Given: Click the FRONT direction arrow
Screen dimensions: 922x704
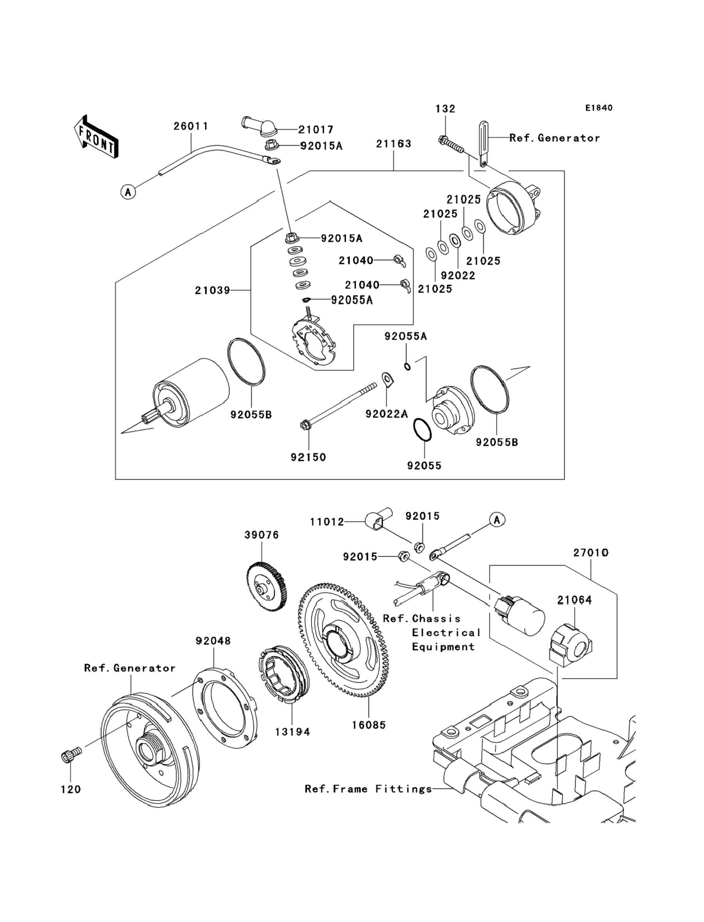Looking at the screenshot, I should pos(96,137).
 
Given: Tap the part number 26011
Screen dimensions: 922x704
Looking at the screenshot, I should pos(191,126).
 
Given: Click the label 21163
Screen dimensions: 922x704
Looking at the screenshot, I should pos(393,144).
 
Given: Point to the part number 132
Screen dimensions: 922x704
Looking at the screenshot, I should pos(445,109).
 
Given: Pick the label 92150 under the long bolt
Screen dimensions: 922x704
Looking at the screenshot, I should pos(308,457).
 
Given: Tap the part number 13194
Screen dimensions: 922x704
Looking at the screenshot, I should pos(293,732).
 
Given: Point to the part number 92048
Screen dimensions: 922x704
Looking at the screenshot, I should pos(213,641).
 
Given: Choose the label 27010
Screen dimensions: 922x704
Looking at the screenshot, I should pos(591,553).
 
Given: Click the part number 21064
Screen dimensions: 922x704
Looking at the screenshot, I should pos(574,600).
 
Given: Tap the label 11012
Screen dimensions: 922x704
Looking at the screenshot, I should pos(327,522).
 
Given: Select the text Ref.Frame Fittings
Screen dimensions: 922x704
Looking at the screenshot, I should pos(368,789).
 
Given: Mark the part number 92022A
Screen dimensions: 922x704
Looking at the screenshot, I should pos(386,414).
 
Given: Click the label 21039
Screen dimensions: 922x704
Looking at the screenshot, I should pos(212,290).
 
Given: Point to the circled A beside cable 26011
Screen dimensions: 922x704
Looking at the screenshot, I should pos(128,192).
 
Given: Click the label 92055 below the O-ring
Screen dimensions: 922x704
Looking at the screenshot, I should pos(424,466).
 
